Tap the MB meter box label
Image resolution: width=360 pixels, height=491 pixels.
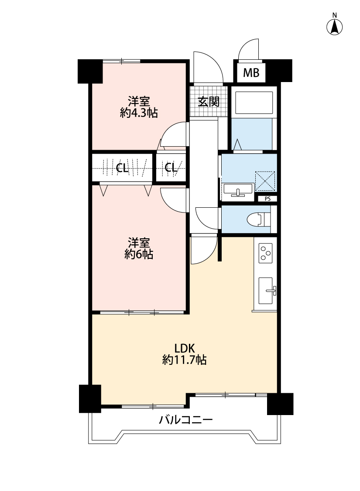[251, 73]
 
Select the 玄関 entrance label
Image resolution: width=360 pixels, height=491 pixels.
[209, 102]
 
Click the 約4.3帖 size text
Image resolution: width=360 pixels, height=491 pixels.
[139, 113]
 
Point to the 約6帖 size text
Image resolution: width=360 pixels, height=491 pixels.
[139, 254]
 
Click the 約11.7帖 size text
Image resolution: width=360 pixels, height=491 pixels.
[185, 360]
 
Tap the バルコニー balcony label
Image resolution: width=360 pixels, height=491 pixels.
[186, 419]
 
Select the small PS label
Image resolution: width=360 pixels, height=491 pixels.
[267, 199]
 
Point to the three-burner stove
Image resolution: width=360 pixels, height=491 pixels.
[266, 253]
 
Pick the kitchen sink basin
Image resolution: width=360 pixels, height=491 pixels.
[266, 291]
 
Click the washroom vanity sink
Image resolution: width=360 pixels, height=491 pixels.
[238, 190]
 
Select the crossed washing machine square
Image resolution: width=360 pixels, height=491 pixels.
[265, 181]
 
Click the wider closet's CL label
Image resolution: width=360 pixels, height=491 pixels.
[122, 168]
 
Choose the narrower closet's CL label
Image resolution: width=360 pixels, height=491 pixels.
[171, 168]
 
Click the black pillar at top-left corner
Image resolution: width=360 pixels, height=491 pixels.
[90, 71]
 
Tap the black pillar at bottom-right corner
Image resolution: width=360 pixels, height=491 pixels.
[280, 404]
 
